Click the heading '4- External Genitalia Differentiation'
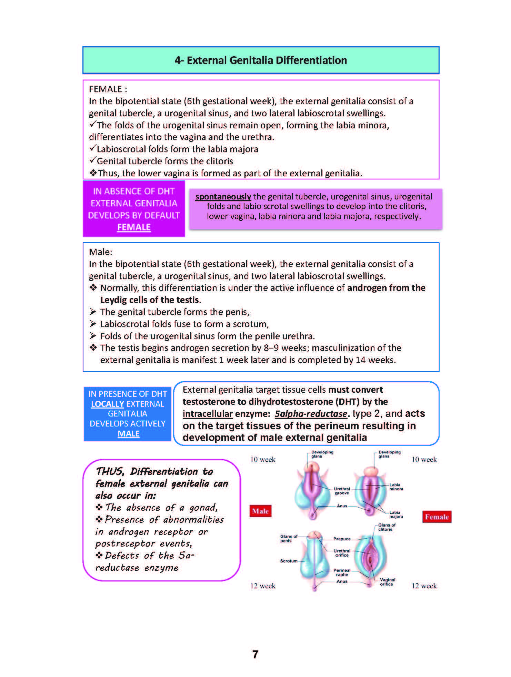[x=261, y=60]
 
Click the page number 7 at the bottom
[x=255, y=654]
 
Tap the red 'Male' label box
[x=260, y=511]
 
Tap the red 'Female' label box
[x=437, y=517]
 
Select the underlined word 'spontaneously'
[x=223, y=197]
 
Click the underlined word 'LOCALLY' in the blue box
[x=107, y=404]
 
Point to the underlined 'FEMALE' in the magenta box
[x=134, y=227]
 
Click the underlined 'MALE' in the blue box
[x=128, y=434]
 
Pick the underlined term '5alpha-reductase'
[x=311, y=414]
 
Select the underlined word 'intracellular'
[x=208, y=414]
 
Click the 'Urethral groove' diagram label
[x=342, y=491]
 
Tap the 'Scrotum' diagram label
[x=289, y=561]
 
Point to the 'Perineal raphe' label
[x=342, y=572]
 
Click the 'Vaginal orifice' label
[x=387, y=582]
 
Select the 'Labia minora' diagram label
[x=396, y=487]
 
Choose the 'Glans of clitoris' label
[x=387, y=527]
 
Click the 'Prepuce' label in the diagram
[x=342, y=539]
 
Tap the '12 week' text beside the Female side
[x=424, y=586]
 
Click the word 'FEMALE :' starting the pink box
[x=108, y=89]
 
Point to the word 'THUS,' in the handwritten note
[x=110, y=471]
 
